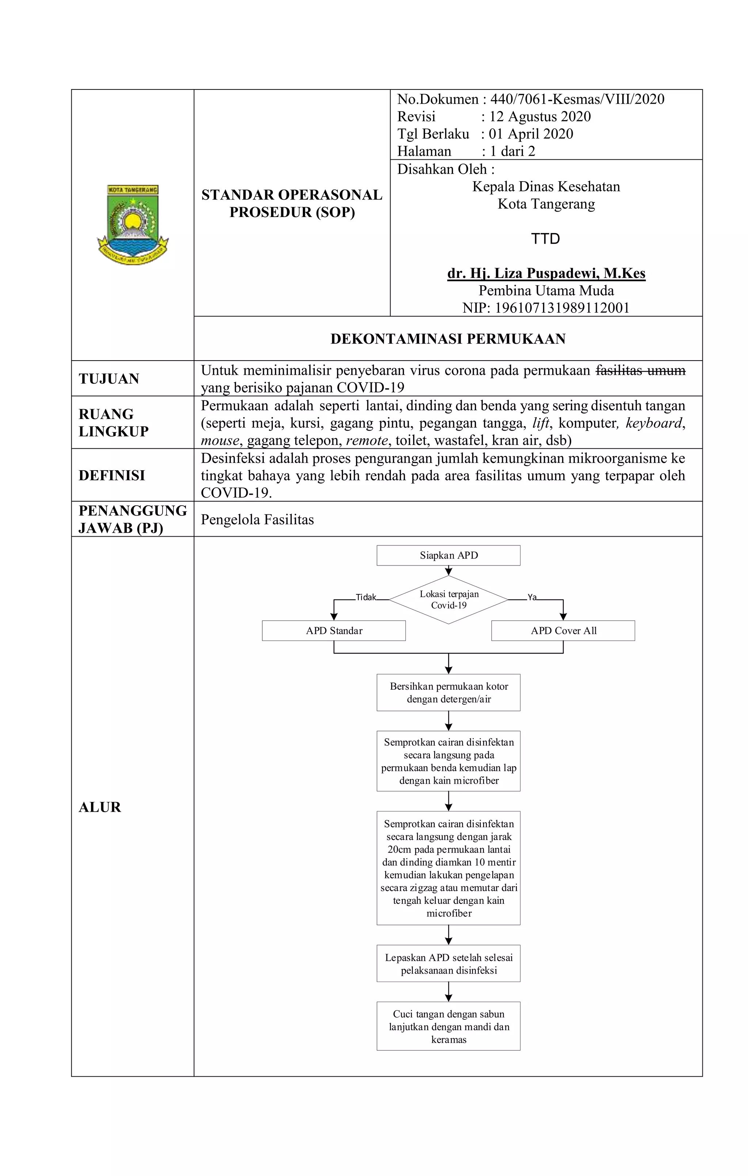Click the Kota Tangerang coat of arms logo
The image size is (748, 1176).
point(132,224)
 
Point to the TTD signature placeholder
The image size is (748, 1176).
point(545,239)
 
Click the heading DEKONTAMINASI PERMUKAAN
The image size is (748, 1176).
point(448,339)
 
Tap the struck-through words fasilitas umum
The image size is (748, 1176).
point(640,371)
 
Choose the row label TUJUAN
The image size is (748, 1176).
point(109,378)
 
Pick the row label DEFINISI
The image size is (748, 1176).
point(112,475)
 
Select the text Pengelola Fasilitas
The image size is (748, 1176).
point(257,519)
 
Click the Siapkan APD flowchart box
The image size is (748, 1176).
point(448,555)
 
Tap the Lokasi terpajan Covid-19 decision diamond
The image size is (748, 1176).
point(448,600)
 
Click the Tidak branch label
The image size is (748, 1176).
point(366,597)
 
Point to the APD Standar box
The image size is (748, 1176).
point(334,631)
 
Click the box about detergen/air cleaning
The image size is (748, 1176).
point(448,693)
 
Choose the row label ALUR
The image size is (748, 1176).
point(100,807)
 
